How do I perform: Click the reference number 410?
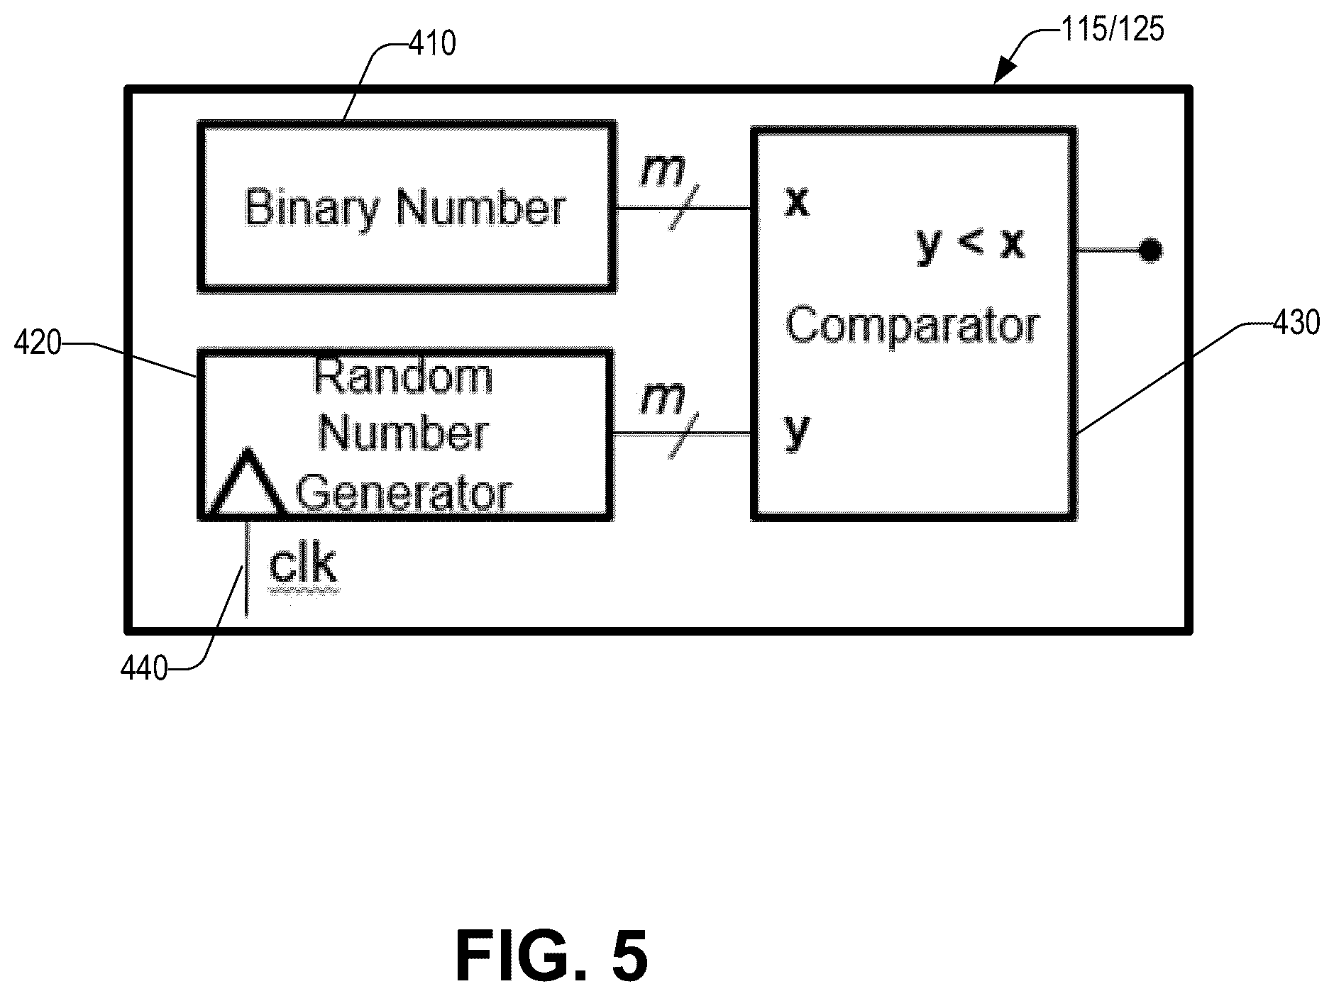[x=432, y=44]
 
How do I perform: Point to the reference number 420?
[x=38, y=344]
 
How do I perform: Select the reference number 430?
[x=1296, y=323]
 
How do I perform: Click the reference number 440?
[x=144, y=668]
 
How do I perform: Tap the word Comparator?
[x=913, y=326]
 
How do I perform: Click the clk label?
[x=303, y=565]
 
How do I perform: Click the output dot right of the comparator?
[x=1150, y=250]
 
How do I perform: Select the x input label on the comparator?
[x=797, y=201]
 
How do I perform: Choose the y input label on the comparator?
[x=797, y=431]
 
